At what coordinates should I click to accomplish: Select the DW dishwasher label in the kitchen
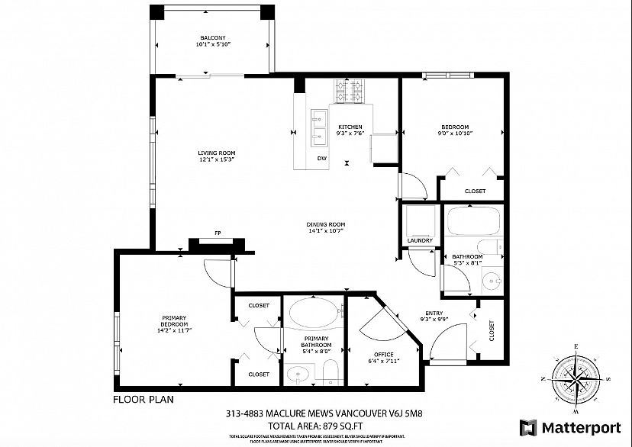pos(321,158)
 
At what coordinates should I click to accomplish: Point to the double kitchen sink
pos(318,125)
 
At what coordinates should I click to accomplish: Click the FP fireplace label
pos(218,233)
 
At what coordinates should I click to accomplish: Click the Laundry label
pos(420,240)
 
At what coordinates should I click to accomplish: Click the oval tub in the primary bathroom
pos(313,313)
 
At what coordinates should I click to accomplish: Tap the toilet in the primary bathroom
pos(330,372)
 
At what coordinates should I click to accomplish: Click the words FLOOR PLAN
pos(142,399)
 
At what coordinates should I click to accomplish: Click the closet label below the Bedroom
pos(475,191)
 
